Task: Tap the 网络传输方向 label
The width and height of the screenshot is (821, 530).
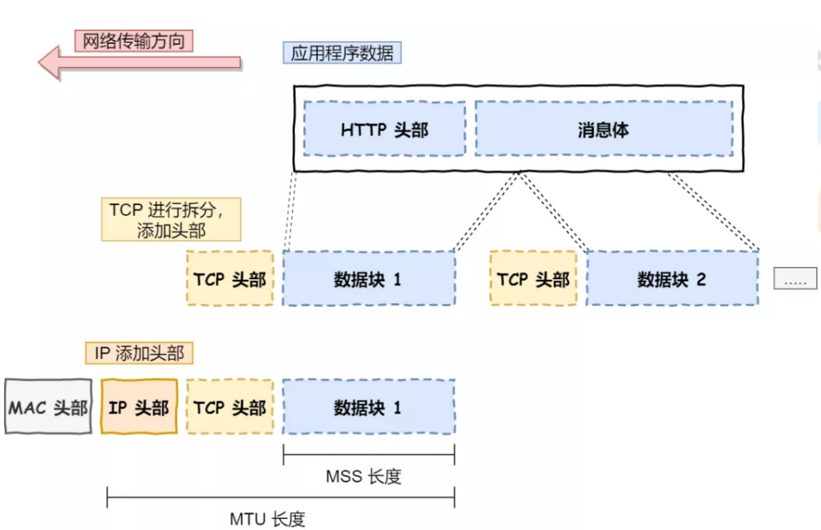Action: coord(135,41)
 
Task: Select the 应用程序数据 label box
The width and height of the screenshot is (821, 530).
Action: coord(342,54)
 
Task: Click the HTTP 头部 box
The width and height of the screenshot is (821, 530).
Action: coord(384,129)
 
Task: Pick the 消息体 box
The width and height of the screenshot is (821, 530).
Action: coord(603,129)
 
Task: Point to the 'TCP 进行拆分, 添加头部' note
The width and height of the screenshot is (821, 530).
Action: coord(171,220)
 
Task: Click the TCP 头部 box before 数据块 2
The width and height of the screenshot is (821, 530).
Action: coord(533,279)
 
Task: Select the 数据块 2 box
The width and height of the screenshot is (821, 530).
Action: coord(672,279)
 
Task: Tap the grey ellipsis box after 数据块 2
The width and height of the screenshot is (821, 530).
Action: coord(795,279)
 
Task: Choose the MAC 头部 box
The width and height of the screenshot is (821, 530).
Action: coord(48,407)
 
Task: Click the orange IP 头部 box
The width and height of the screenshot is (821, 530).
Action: coord(139,407)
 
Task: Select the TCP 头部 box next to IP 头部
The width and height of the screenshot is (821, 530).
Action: coord(229,407)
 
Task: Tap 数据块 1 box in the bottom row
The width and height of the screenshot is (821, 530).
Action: coord(368,407)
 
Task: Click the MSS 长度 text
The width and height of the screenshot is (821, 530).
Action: coord(363,476)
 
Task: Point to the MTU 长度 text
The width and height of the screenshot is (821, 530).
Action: coord(267,519)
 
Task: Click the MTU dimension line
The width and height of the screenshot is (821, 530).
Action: coord(281,499)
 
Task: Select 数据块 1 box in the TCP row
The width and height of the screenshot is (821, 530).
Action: coord(368,279)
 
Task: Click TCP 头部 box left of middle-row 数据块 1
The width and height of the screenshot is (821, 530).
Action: coord(229,279)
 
